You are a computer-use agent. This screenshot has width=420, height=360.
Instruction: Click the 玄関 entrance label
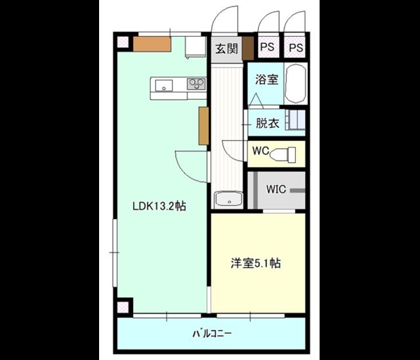[226, 49]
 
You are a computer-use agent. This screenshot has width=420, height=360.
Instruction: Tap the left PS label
[267, 47]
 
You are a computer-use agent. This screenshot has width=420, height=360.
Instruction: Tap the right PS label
[296, 48]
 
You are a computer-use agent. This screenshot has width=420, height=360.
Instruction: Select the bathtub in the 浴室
[295, 83]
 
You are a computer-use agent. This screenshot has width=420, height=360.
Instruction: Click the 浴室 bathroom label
[266, 79]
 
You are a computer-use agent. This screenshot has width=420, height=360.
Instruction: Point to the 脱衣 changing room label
[268, 123]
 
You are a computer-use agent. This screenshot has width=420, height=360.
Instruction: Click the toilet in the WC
[283, 155]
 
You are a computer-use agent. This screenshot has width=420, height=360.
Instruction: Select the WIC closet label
[276, 190]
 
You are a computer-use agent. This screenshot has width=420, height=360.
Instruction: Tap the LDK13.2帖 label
[159, 206]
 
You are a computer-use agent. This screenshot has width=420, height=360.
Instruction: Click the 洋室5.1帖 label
[256, 263]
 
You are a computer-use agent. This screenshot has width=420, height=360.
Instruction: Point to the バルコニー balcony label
[212, 334]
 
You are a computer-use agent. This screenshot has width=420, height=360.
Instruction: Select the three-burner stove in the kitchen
[196, 84]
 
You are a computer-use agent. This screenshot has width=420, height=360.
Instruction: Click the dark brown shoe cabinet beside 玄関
[248, 48]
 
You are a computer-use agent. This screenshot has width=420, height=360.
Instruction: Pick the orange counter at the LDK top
[152, 44]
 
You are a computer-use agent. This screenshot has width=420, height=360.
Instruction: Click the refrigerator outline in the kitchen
[196, 47]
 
